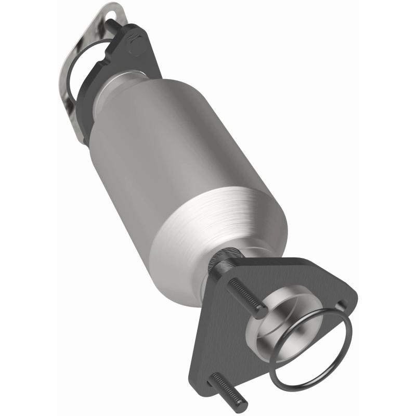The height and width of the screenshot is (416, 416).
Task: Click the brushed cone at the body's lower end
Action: pyautogui.click(x=229, y=229)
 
